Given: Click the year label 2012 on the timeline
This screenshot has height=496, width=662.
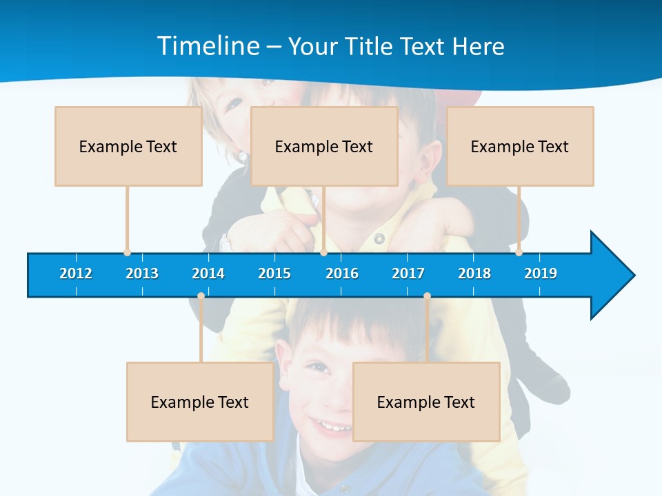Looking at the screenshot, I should [x=76, y=273].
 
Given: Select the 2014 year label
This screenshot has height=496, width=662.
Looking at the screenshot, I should [x=208, y=273].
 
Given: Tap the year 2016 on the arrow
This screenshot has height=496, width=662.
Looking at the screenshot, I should [x=342, y=273].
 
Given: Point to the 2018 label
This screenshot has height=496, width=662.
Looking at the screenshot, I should [x=474, y=273].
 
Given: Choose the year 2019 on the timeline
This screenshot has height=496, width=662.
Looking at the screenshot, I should [x=541, y=273].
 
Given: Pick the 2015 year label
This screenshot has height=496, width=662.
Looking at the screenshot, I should [x=274, y=273].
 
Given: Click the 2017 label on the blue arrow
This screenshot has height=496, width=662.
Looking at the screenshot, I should [x=408, y=273].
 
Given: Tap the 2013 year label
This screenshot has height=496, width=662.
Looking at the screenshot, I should [x=142, y=273].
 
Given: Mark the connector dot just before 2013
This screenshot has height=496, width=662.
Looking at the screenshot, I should [x=127, y=252].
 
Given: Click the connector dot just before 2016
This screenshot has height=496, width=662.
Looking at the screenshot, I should [x=323, y=252].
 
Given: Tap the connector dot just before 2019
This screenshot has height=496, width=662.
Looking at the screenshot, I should [x=519, y=252].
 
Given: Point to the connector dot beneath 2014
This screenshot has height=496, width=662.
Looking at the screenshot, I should [x=201, y=296].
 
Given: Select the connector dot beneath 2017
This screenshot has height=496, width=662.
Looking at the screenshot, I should [x=427, y=296].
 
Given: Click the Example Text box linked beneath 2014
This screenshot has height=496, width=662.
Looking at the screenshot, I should [x=200, y=402].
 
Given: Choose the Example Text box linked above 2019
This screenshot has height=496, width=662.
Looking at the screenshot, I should [x=520, y=147].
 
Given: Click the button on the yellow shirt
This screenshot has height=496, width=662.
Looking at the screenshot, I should [x=379, y=239].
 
